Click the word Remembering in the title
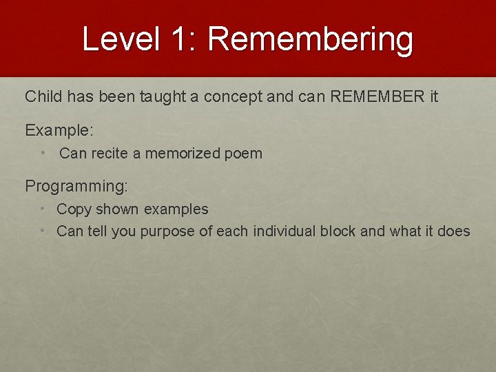click(x=310, y=40)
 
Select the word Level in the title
click(x=121, y=39)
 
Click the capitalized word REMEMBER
click(x=378, y=96)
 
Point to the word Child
click(x=43, y=96)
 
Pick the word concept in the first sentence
click(x=234, y=96)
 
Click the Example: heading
click(x=59, y=130)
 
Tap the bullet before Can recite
click(x=43, y=153)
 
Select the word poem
click(x=242, y=153)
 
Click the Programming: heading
click(x=76, y=186)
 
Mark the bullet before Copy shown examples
click(x=43, y=209)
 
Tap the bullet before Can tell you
click(x=43, y=231)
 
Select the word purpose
click(x=167, y=231)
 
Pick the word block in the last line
click(x=338, y=231)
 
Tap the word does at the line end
click(x=453, y=231)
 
